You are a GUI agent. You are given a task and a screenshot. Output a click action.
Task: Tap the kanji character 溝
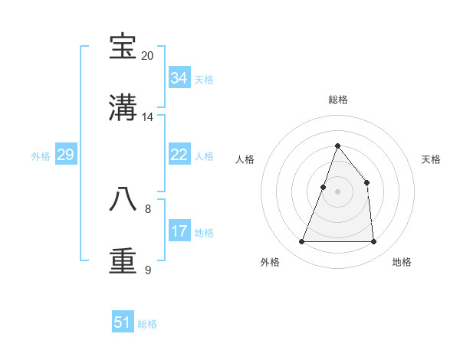point(123,108)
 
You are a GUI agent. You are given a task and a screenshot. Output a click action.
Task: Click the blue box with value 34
point(179,78)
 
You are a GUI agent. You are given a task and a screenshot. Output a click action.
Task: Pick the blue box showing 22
point(179,155)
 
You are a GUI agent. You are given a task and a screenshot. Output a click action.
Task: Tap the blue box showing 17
point(179,231)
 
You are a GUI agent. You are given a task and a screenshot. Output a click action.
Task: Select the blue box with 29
point(65,155)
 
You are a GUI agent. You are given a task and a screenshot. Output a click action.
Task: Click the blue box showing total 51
point(123,322)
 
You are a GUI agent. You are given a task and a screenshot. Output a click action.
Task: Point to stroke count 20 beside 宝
point(148,55)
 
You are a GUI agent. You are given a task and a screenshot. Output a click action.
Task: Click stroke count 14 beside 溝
point(148,117)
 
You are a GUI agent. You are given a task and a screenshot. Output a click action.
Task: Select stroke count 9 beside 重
point(148,270)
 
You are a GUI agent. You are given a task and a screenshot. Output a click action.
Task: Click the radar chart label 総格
point(337,100)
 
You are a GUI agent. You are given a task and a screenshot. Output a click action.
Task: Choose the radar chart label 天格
point(432,159)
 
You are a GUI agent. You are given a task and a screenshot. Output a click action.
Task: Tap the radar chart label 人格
point(245,159)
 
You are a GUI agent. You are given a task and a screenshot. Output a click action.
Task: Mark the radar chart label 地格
point(402,262)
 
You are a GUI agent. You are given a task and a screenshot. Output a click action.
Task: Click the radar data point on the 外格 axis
point(302,242)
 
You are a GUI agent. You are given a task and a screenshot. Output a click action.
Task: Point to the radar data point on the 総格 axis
point(337,146)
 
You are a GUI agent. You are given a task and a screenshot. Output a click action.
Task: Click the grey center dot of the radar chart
point(337,191)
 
